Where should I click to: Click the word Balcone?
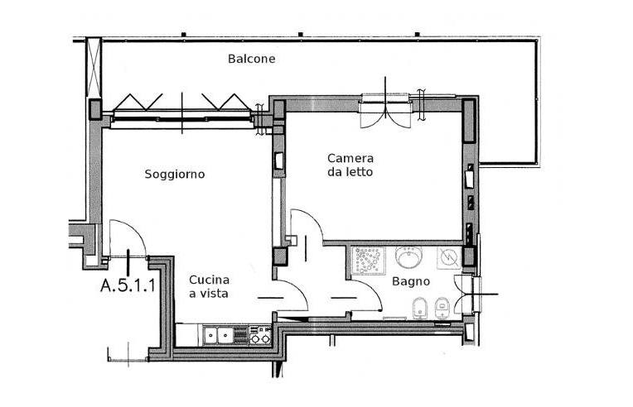(252, 59)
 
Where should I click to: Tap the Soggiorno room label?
(175, 175)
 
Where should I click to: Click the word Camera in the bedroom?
(350, 158)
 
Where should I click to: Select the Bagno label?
(411, 281)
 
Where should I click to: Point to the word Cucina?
(209, 280)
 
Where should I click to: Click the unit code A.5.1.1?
(128, 285)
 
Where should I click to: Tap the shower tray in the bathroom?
(368, 261)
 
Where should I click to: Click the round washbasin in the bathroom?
(408, 257)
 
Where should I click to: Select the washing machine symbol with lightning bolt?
(449, 258)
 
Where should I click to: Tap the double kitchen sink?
(218, 335)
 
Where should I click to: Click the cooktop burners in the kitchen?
(260, 335)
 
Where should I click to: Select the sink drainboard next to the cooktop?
(241, 335)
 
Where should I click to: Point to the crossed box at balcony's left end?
(94, 67)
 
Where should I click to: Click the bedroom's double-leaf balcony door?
(385, 111)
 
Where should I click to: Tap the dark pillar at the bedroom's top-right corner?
(469, 121)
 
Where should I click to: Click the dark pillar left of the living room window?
(95, 109)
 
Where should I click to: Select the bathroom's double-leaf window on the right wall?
(467, 294)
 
